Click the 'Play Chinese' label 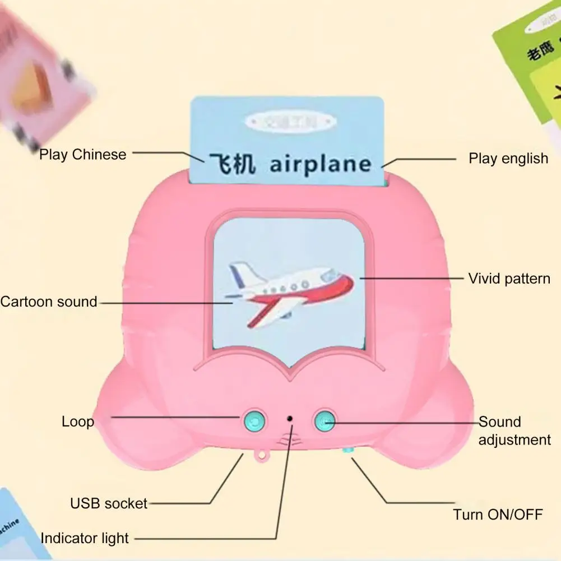83,154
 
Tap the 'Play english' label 508,159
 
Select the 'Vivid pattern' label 509,278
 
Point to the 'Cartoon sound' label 49,302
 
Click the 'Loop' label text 77,421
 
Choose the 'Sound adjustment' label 514,430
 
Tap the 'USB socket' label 109,503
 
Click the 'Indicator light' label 85,539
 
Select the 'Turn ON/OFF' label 498,514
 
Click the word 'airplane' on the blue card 320,164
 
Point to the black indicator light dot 290,418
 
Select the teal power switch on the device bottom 348,449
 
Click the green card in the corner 530,62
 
